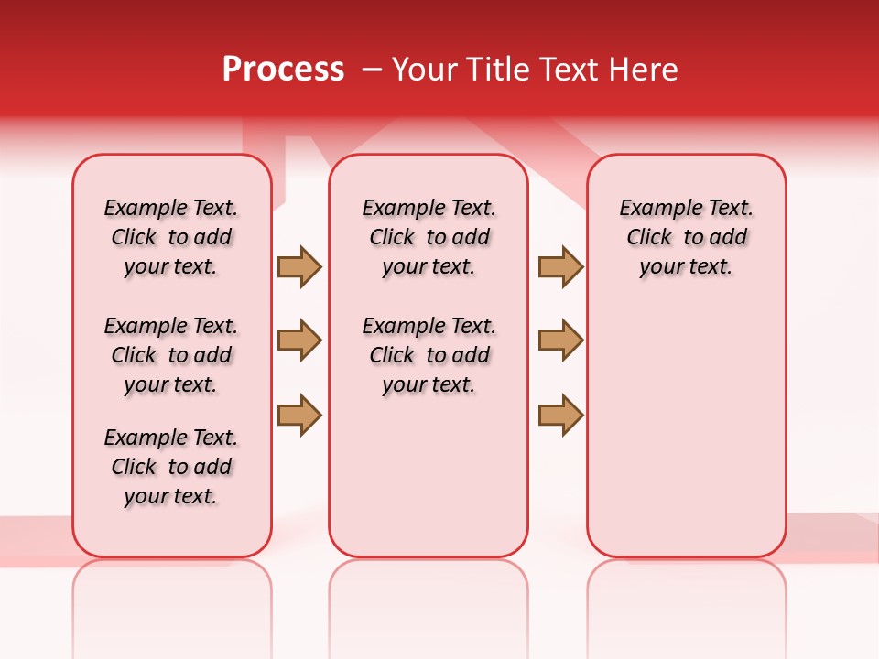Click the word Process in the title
[283, 70]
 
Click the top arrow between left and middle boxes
[299, 266]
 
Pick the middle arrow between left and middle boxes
[299, 340]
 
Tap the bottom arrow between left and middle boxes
[299, 415]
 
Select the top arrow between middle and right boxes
[560, 266]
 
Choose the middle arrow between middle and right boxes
[560, 340]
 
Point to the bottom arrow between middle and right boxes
[560, 415]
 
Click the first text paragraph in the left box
[171, 237]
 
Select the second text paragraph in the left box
[171, 355]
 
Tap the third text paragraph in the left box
[171, 467]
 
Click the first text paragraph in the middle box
[429, 237]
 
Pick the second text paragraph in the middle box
[429, 355]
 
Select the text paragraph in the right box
[687, 237]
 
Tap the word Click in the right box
[649, 238]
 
